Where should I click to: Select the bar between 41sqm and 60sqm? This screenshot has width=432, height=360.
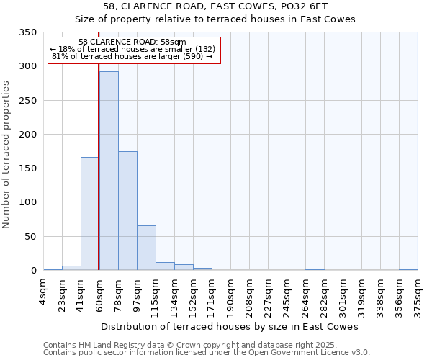(90, 214)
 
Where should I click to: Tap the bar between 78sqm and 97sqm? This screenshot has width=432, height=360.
(127, 211)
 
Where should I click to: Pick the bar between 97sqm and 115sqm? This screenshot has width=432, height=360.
(146, 248)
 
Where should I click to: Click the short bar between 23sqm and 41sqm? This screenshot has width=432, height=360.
(71, 268)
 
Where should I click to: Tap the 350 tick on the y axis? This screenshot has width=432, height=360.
(27, 32)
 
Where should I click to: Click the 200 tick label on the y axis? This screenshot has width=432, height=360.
(27, 135)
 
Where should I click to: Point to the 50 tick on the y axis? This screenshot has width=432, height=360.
(30, 237)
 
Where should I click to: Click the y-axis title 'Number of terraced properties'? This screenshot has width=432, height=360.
(6, 155)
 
